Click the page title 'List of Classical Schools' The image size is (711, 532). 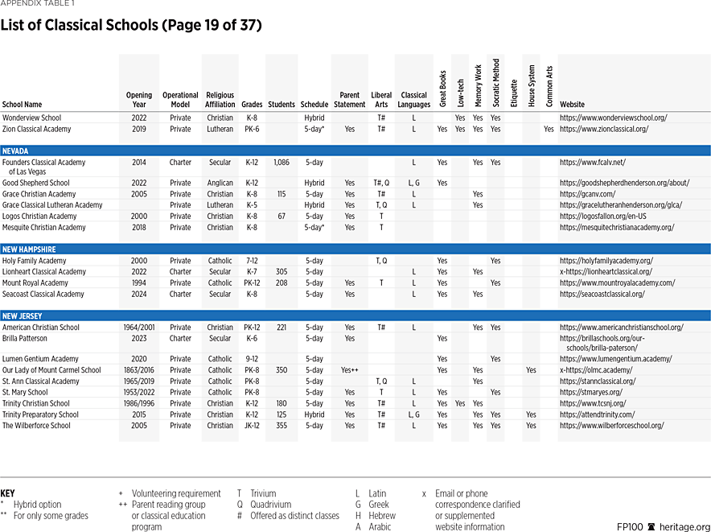(x=131, y=25)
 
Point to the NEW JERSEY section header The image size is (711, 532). (x=23, y=316)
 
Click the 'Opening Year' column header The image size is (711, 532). (x=138, y=100)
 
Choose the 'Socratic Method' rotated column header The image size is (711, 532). (x=496, y=82)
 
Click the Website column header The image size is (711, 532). (x=572, y=105)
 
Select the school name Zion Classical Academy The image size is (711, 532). (x=36, y=129)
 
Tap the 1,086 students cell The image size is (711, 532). (x=281, y=162)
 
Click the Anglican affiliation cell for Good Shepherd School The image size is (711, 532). (x=220, y=183)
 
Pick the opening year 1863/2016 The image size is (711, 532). (x=138, y=370)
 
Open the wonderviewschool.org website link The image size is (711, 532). (x=613, y=118)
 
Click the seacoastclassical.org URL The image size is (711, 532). (x=602, y=294)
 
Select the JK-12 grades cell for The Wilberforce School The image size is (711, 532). (x=251, y=426)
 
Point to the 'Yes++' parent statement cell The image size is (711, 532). (x=349, y=370)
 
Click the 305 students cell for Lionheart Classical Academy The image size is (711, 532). (x=281, y=272)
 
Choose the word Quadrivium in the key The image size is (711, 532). (x=273, y=505)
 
